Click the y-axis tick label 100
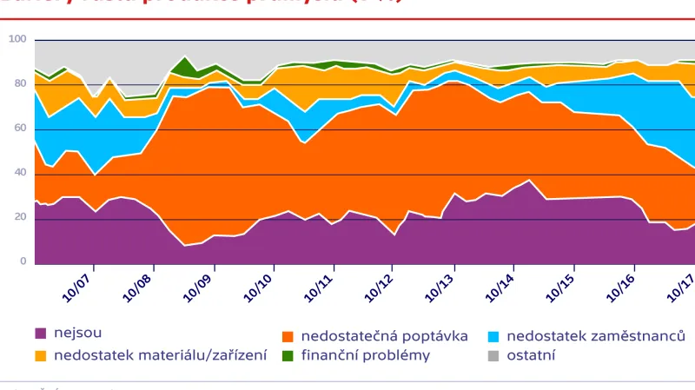pos(18,39)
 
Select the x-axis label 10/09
pos(197,286)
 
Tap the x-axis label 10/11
pos(318,286)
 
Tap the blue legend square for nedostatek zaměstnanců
pos(493,334)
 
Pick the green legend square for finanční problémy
pos(288,354)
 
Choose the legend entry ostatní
pos(531,354)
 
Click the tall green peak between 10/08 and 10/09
pos(183,63)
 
